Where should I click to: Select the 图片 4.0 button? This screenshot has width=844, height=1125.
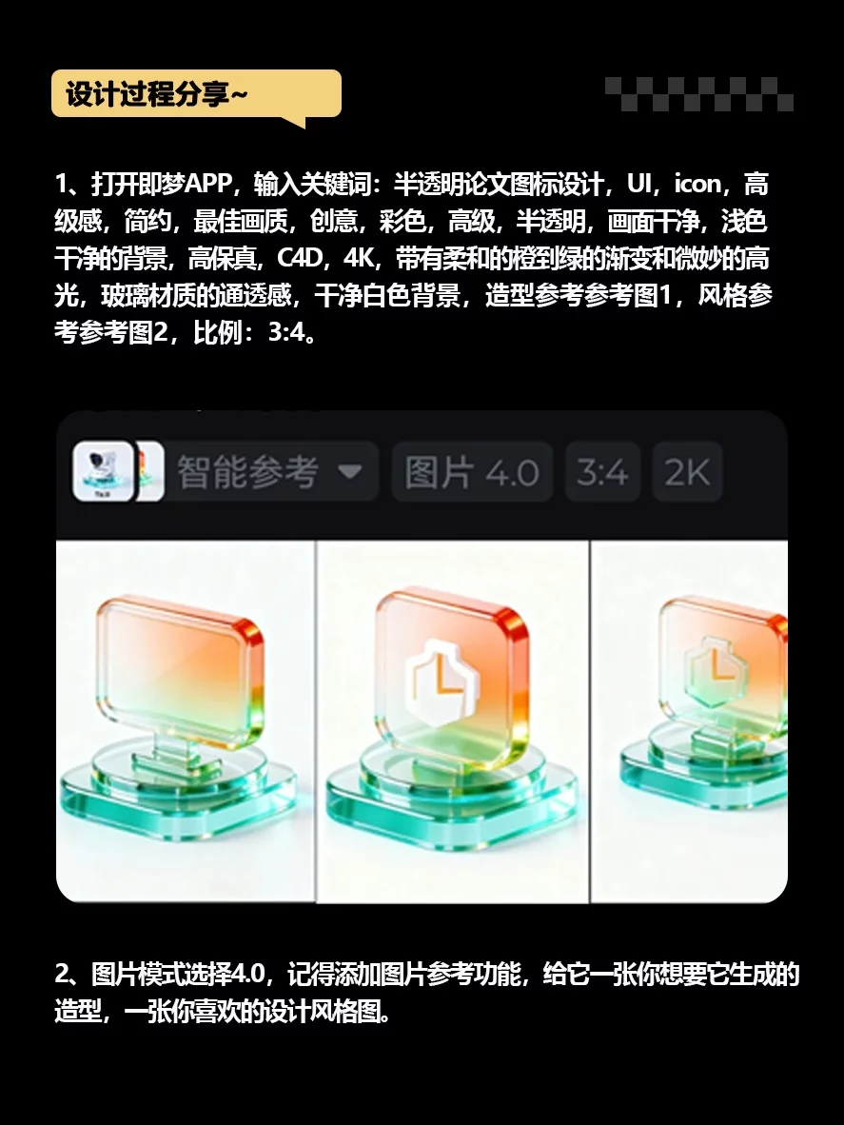tap(472, 471)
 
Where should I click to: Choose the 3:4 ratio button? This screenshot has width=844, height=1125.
tap(602, 471)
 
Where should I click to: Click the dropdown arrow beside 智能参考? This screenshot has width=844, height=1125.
tap(349, 472)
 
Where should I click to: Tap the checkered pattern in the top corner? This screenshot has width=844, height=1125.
tap(699, 94)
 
